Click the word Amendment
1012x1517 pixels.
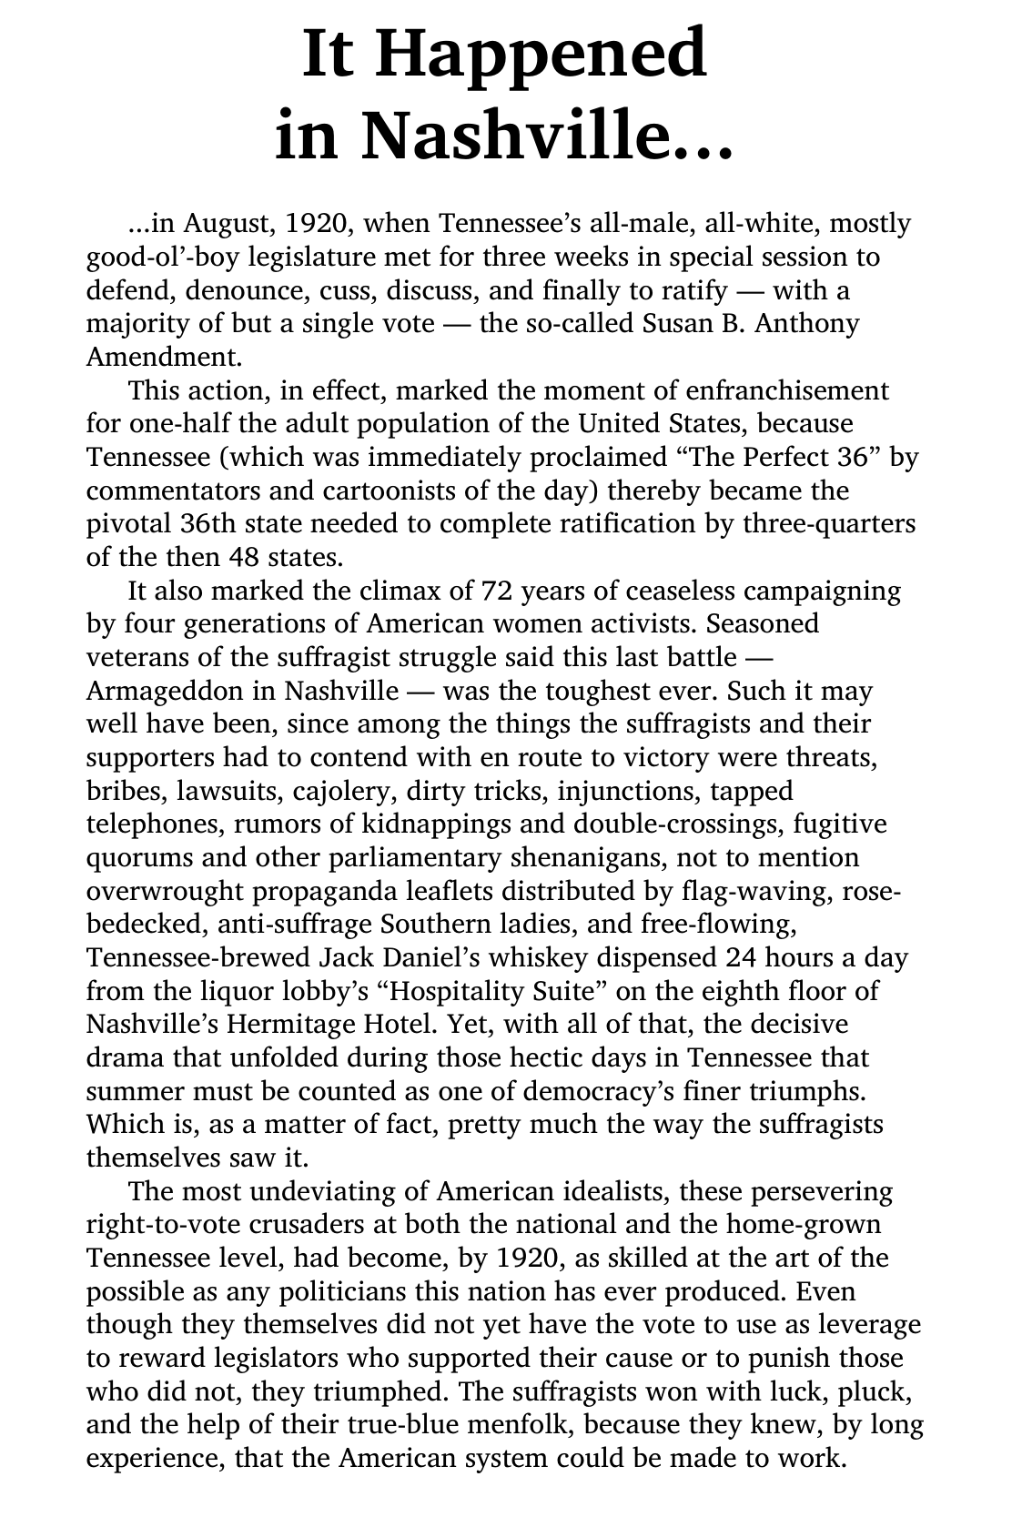(158, 357)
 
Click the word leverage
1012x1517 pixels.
(866, 1325)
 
